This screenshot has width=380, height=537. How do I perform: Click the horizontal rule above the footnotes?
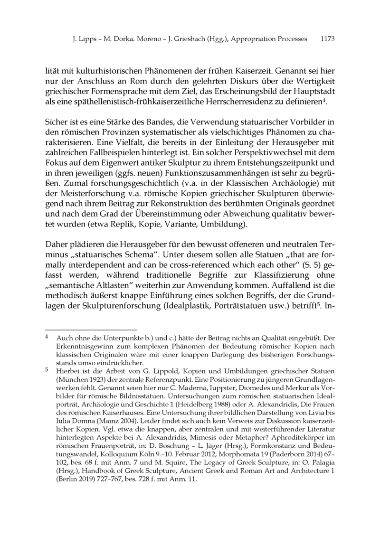coord(91,329)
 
